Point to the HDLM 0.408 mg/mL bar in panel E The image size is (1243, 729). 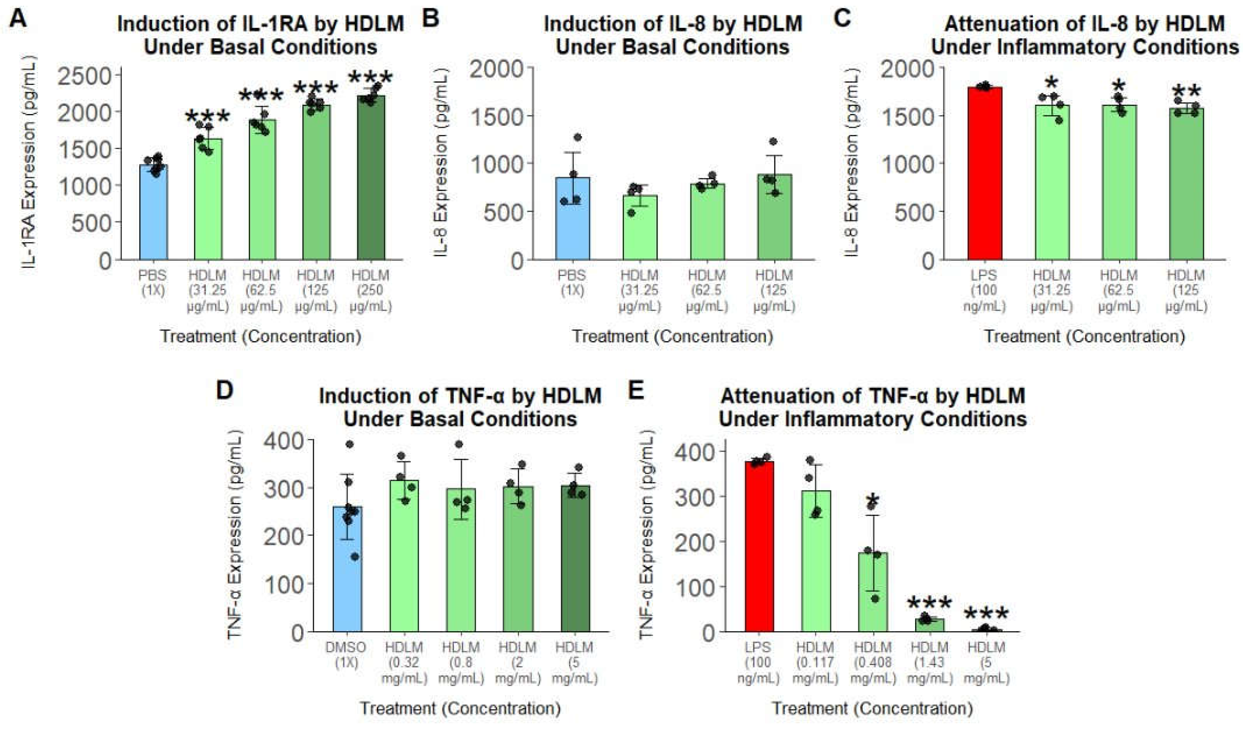873,591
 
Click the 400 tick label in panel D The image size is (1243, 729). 284,441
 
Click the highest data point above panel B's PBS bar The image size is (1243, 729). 577,137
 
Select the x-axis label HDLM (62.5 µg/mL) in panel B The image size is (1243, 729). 707,291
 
